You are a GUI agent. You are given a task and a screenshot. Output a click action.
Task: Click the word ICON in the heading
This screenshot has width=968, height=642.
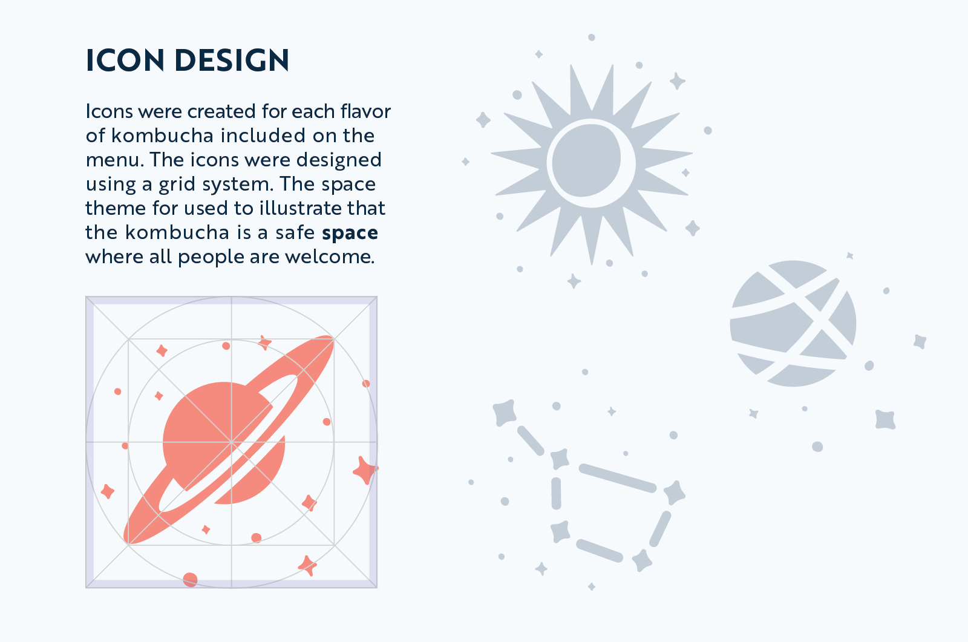125,60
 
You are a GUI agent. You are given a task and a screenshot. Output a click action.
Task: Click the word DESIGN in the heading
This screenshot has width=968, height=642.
232,60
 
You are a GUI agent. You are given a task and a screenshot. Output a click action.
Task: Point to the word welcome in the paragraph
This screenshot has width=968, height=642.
329,257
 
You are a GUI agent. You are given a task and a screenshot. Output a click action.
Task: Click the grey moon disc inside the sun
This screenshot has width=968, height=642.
586,160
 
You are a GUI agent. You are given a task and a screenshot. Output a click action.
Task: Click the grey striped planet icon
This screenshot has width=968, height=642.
793,323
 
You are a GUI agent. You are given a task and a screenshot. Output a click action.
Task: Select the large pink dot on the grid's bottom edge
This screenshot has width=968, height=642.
190,580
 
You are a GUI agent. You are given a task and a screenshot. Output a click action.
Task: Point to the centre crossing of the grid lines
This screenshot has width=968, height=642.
232,442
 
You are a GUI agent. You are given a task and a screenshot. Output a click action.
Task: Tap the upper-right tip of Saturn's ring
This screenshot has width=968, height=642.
333,337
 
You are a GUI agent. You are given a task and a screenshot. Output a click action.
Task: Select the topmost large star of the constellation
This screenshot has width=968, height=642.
505,413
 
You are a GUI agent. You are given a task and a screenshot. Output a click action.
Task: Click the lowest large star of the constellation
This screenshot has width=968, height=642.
642,561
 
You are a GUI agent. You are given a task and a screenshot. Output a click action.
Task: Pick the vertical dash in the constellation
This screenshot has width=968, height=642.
556,493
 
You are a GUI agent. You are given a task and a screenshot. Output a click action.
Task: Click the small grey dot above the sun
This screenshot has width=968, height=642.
592,38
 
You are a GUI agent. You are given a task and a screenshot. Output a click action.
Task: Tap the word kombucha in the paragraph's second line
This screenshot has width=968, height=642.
163,136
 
